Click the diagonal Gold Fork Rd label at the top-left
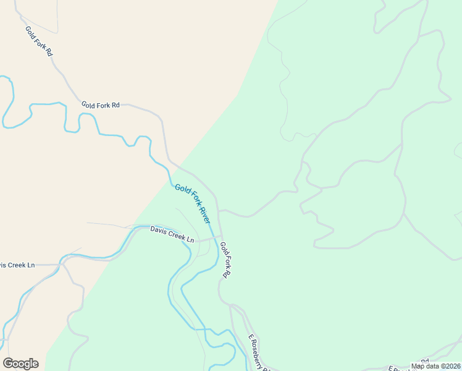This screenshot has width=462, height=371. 38,41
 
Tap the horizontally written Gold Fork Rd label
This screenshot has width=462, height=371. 100,105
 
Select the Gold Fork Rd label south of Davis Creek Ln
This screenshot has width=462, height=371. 226,259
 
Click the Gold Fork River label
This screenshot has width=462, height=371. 193,203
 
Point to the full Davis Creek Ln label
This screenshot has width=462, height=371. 172,234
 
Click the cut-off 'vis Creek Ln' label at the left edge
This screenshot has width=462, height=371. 17,265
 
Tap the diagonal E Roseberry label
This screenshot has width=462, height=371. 260,353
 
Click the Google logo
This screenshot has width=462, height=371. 20,364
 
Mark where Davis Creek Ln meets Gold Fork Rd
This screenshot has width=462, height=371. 220,236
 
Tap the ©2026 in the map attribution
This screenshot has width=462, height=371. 450,366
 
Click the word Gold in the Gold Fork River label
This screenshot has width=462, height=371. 181,189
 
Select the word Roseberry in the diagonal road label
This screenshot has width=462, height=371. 262,356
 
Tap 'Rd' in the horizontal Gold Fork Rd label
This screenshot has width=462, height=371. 115,105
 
